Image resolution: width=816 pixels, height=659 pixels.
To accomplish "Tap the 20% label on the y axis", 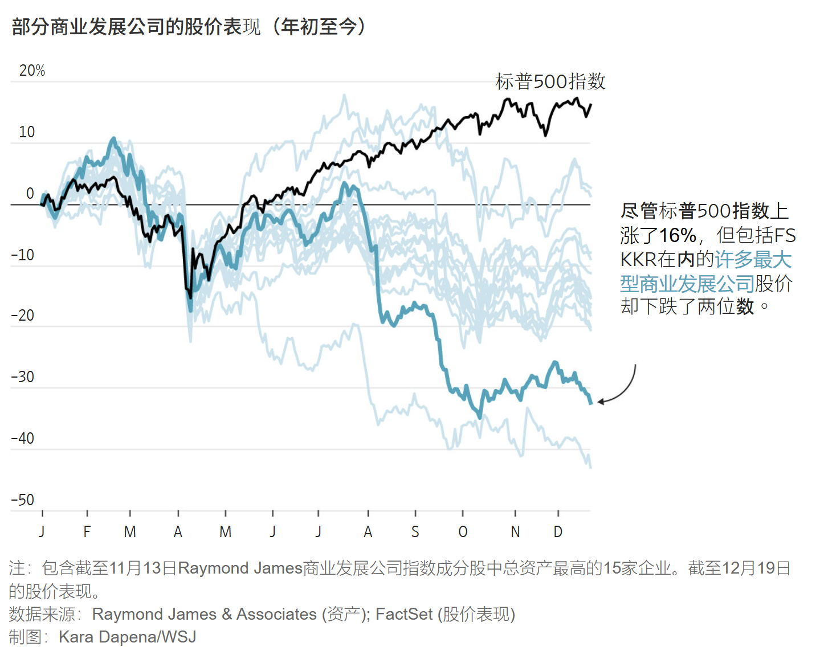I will pyautogui.click(x=32, y=71).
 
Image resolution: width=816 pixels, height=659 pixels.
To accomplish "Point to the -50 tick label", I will pyautogui.click(x=23, y=500).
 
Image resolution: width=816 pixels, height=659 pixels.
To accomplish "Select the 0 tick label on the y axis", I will pyautogui.click(x=30, y=194).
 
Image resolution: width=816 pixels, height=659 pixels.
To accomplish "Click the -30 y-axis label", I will pyautogui.click(x=23, y=377).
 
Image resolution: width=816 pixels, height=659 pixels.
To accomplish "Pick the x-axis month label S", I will pyautogui.click(x=415, y=532).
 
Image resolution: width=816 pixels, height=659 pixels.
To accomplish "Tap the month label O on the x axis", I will pyautogui.click(x=463, y=532).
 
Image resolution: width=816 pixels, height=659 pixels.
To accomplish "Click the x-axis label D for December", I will pyautogui.click(x=558, y=532).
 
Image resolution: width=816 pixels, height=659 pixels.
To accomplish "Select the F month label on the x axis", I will pyautogui.click(x=87, y=532).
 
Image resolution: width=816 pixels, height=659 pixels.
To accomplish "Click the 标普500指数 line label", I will pyautogui.click(x=550, y=81).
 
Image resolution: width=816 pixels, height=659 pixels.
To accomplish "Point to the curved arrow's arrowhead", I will pyautogui.click(x=599, y=402).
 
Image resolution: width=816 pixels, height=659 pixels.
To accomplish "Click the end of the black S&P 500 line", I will pyautogui.click(x=590, y=104).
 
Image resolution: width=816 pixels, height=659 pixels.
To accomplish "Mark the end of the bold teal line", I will pyautogui.click(x=591, y=403).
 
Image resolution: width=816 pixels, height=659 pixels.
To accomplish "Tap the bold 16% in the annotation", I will pyautogui.click(x=678, y=235).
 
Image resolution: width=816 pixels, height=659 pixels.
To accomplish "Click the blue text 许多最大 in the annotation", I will pyautogui.click(x=753, y=260).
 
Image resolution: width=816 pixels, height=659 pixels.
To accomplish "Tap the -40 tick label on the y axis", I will pyautogui.click(x=23, y=439).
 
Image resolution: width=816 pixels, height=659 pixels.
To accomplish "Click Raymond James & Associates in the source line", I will pyautogui.click(x=204, y=614).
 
